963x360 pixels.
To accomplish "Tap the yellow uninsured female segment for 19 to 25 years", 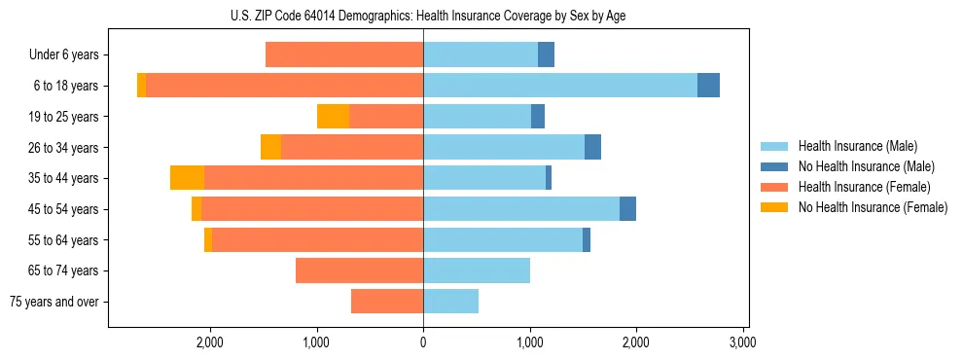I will [x=333, y=117].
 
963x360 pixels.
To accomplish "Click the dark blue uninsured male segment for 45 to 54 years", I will [x=627, y=209].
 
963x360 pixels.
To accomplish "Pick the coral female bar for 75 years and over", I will [x=387, y=302].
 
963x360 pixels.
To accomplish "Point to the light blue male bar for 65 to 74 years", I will [x=477, y=270].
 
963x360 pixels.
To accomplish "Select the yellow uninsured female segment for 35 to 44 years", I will [x=187, y=178].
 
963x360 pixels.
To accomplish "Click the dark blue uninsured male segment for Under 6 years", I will [x=546, y=55].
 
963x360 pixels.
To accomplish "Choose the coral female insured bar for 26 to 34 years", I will [x=352, y=147].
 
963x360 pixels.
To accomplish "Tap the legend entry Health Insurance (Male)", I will [x=857, y=146].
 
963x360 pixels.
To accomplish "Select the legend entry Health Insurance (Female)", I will [x=864, y=187].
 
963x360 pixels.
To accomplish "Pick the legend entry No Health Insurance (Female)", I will [x=873, y=207].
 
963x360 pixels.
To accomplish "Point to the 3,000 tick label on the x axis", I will [x=742, y=342].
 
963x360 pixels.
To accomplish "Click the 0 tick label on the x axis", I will [x=423, y=342].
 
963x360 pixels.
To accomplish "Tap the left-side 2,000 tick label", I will [x=210, y=342].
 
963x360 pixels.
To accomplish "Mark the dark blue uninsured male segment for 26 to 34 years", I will [x=592, y=147].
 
